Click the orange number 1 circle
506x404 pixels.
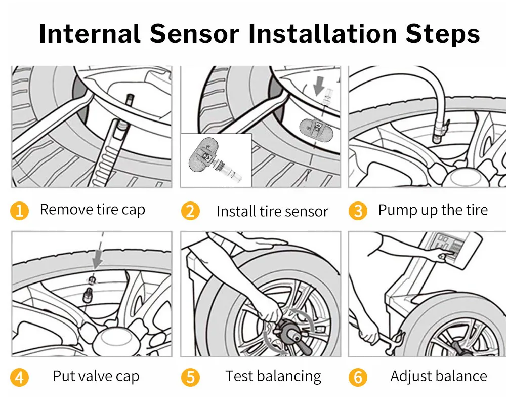[x=19, y=210]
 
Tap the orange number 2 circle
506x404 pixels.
[x=190, y=211]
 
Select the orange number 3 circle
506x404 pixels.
[x=358, y=211]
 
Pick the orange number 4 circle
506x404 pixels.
[x=19, y=377]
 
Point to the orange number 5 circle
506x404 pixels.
[x=190, y=377]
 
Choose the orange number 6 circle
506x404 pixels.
[x=358, y=377]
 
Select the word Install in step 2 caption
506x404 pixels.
[x=234, y=211]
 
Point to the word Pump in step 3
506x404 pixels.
[x=396, y=210]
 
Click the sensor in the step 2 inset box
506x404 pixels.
[x=204, y=157]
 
